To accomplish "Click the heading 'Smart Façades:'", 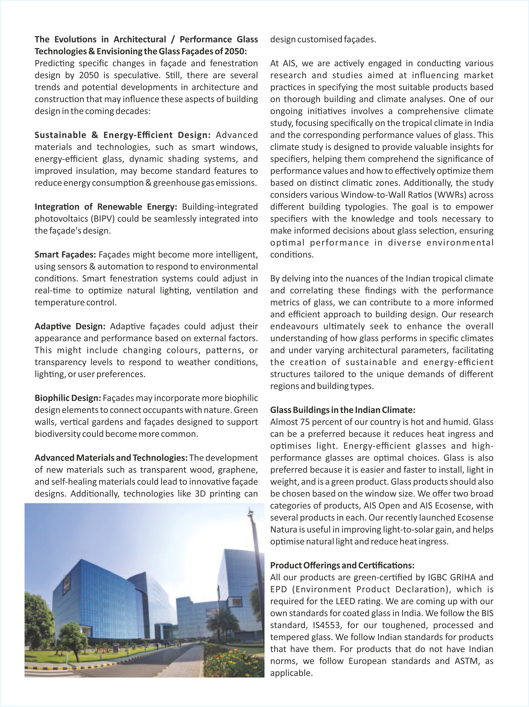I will pyautogui.click(x=65, y=255).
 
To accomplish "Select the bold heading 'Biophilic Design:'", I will pyautogui.click(x=68, y=398).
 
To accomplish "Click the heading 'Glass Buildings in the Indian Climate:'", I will pyautogui.click(x=342, y=410).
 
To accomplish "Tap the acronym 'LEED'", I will pyautogui.click(x=345, y=601).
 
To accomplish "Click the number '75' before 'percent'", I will pyautogui.click(x=304, y=422).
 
